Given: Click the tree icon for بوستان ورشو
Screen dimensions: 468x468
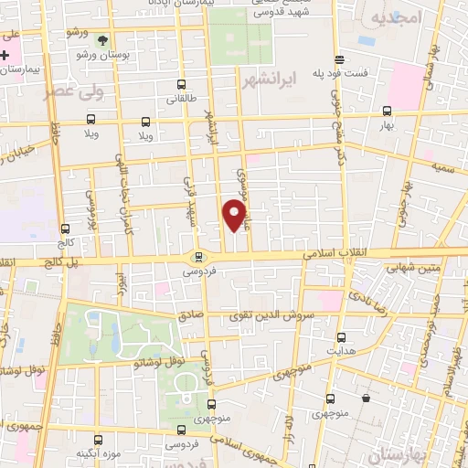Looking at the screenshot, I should [x=101, y=41].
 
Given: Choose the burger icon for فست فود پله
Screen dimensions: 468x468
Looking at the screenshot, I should [x=340, y=57].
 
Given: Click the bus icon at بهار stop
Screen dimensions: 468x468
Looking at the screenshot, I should [x=386, y=111].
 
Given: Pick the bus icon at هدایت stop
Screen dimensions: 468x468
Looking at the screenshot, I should [x=341, y=336].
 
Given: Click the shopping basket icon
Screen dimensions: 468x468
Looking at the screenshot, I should [x=367, y=399].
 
